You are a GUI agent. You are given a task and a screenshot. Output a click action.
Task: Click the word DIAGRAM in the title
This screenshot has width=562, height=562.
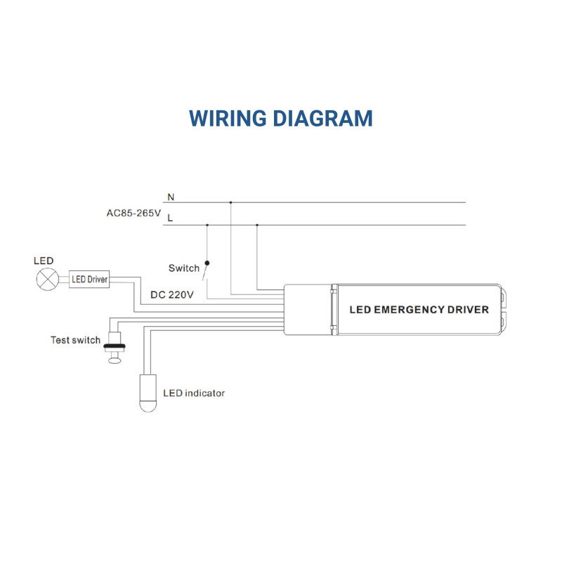tap(322, 117)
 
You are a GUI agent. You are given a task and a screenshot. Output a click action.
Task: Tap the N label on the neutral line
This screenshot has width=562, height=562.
tap(171, 197)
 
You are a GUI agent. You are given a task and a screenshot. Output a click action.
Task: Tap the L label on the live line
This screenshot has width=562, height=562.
tap(170, 218)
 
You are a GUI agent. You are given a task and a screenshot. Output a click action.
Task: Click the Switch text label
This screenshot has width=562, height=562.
tap(184, 268)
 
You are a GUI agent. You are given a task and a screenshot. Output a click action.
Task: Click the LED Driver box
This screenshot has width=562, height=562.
tap(89, 280)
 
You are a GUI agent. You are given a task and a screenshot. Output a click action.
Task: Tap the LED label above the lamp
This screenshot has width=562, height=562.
tap(44, 261)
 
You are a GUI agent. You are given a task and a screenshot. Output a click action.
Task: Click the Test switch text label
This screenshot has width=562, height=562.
tap(76, 340)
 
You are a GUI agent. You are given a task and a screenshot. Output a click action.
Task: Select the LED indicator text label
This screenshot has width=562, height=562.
tap(194, 393)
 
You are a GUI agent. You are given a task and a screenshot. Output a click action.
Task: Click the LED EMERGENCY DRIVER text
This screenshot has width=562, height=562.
tap(419, 309)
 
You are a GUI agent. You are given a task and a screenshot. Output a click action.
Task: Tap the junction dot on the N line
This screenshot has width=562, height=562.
tap(230, 203)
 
